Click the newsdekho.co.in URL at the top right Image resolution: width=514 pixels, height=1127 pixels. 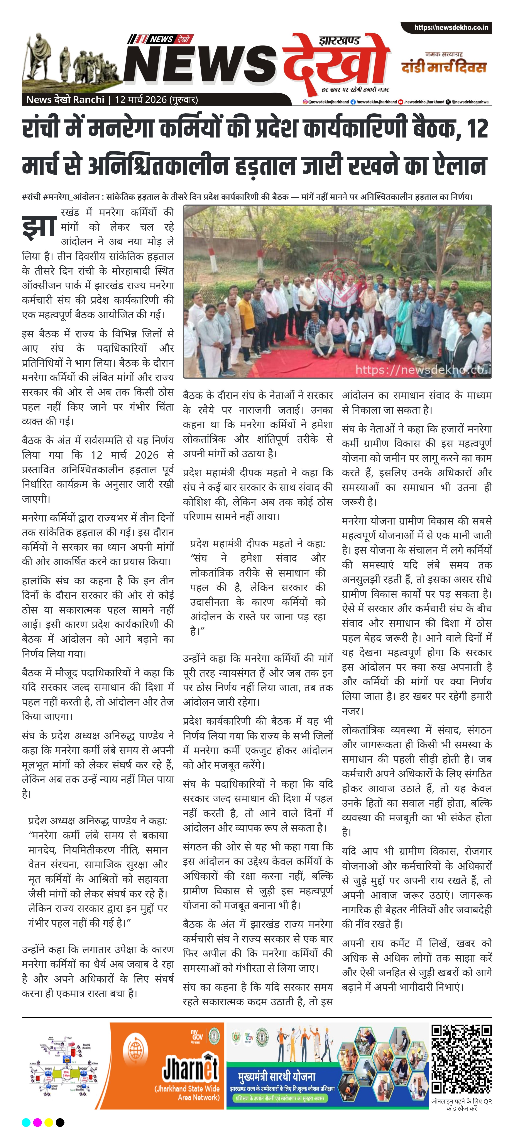tap(451, 28)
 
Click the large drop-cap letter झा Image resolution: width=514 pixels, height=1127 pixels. tap(39, 226)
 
